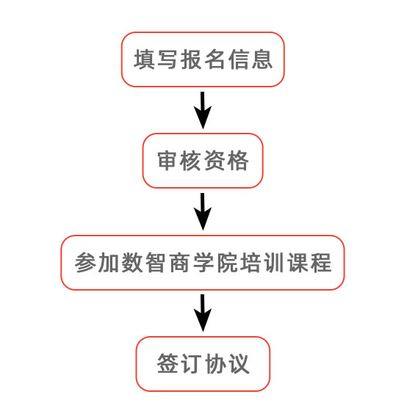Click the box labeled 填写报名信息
[x=202, y=59]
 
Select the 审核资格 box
[x=202, y=161]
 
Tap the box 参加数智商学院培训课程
[x=202, y=263]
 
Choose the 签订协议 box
[x=203, y=364]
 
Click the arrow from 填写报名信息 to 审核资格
[x=202, y=109]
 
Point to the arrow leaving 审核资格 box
[x=202, y=211]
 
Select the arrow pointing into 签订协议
[x=202, y=313]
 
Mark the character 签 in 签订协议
[x=168, y=365]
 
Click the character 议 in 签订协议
[x=238, y=365]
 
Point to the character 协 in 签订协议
[x=215, y=365]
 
